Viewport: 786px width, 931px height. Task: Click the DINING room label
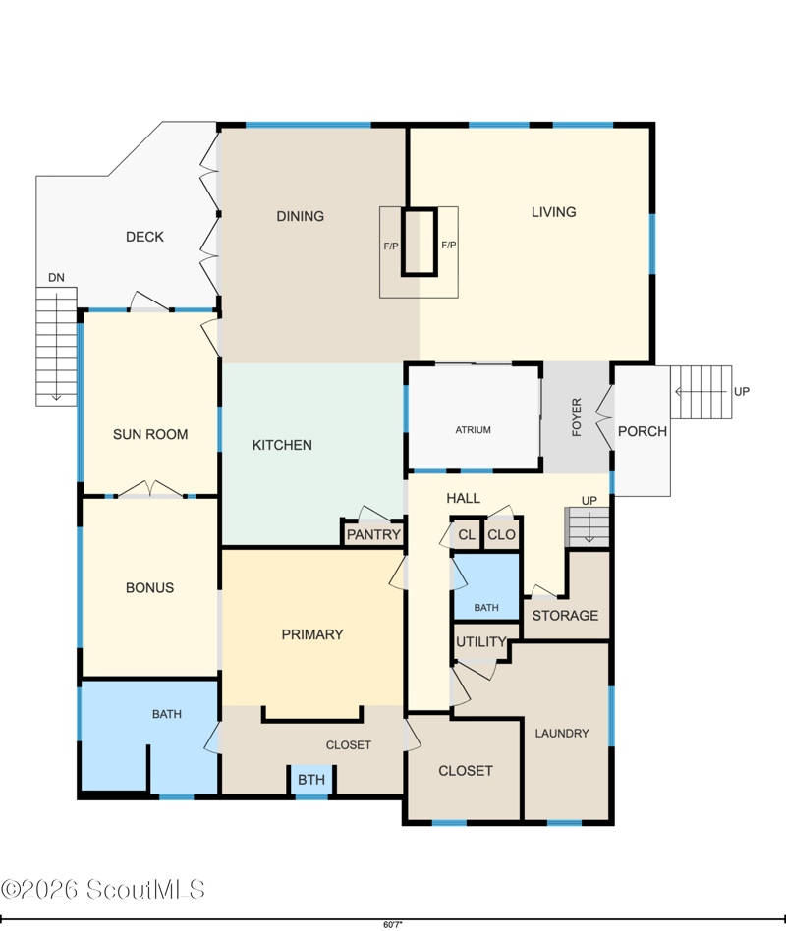[x=300, y=216]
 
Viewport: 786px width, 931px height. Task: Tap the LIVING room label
[x=554, y=212]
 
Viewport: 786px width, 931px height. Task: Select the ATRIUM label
[x=473, y=430]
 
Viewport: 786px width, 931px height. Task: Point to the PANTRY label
[x=373, y=534]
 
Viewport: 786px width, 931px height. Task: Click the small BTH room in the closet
[x=311, y=779]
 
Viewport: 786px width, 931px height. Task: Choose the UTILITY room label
[x=481, y=642]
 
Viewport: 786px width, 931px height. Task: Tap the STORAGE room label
[x=565, y=615]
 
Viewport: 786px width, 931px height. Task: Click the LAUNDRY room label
[x=562, y=734]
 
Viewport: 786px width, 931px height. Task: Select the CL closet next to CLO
[x=467, y=534]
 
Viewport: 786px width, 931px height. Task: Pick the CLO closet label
[x=501, y=534]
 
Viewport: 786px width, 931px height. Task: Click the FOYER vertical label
[x=577, y=417]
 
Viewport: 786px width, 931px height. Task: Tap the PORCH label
[x=643, y=431]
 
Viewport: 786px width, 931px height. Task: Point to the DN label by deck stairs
[x=56, y=277]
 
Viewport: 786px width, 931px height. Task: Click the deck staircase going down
[x=56, y=346]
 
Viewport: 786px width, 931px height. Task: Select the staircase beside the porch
[x=702, y=392]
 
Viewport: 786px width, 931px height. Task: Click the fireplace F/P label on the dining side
[x=391, y=246]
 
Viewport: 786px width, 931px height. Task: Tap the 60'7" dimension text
[x=393, y=924]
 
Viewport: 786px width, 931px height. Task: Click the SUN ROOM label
[x=150, y=435]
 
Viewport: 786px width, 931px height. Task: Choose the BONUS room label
[x=149, y=588]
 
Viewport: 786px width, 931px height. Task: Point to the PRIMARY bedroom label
[x=312, y=634]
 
